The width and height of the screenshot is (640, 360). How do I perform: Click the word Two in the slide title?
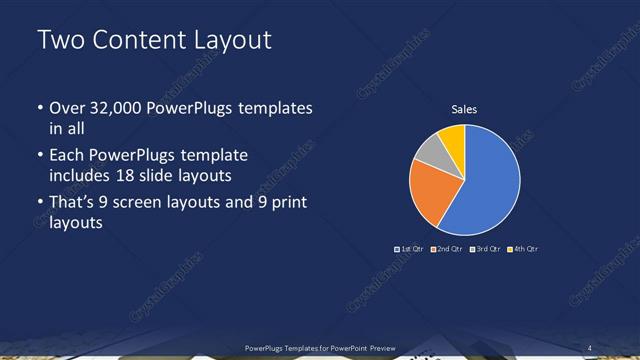59,41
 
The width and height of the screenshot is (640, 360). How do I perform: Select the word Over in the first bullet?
69,108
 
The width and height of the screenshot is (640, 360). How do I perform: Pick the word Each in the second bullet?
68,155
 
